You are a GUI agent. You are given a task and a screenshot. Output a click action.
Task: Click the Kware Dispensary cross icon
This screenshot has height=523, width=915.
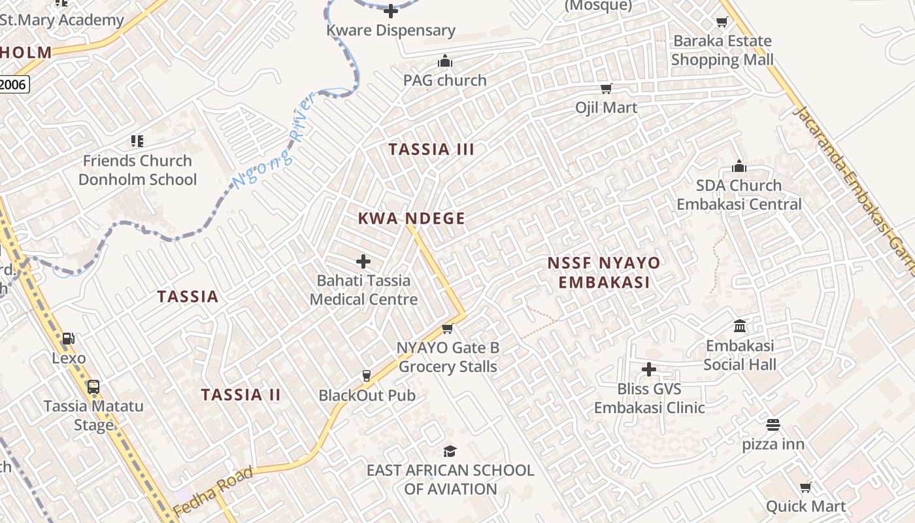coord(391,11)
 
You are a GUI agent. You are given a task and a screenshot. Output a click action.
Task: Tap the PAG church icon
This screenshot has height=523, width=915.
coord(445,62)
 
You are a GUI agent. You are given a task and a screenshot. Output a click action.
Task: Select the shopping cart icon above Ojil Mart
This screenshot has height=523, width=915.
coord(606,89)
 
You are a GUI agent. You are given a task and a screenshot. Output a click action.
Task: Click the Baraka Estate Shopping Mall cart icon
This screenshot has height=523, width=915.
coord(722,22)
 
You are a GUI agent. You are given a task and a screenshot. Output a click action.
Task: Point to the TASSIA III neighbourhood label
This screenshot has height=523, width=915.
coord(431,149)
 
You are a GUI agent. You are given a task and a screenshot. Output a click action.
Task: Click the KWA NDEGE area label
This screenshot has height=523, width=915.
coord(412,218)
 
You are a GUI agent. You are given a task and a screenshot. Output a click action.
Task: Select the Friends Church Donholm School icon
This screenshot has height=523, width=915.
coord(137,141)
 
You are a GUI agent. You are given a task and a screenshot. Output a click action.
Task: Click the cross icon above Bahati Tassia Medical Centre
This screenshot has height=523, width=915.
coord(363,262)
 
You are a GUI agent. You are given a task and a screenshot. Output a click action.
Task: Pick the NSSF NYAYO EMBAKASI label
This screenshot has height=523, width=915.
coord(603,273)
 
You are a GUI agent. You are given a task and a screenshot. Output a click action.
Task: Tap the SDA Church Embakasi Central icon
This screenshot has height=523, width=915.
coord(739,166)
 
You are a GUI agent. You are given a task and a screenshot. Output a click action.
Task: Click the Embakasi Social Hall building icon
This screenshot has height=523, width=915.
coord(740,326)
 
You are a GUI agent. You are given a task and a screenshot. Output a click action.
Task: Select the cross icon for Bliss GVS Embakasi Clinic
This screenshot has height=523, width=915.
coord(648,370)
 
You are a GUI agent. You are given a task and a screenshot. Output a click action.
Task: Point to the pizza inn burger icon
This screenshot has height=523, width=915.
coord(773,425)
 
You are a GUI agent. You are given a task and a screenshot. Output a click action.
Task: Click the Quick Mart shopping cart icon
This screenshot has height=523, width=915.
coord(806,487)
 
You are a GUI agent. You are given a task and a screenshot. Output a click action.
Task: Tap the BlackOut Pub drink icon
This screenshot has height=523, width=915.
coord(366,376)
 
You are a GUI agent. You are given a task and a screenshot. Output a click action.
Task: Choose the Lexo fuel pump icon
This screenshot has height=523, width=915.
coord(68,339)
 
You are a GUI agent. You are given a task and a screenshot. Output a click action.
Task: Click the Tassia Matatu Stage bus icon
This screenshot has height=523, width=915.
coord(93,386)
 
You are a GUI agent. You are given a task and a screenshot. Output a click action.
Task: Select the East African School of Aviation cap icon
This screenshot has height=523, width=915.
coord(450,451)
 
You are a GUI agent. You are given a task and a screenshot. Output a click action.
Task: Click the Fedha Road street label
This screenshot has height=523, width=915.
coord(213,490)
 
